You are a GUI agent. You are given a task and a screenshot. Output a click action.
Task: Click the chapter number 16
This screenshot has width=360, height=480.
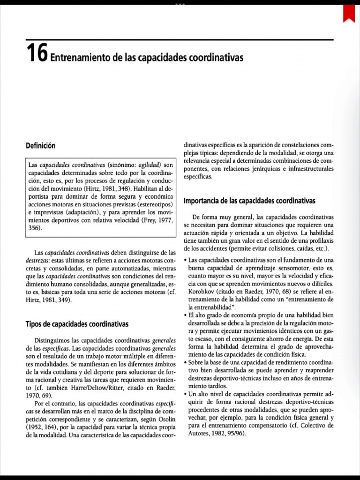point(37,54)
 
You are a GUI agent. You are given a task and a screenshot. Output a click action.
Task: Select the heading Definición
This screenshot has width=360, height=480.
point(40,146)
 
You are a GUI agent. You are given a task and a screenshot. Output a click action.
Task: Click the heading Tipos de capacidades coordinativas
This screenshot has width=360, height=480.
point(77,324)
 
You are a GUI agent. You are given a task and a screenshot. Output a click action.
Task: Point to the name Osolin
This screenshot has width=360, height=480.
point(163,419)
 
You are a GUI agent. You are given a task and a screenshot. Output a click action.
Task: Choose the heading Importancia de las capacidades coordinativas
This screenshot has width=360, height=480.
point(249,201)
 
